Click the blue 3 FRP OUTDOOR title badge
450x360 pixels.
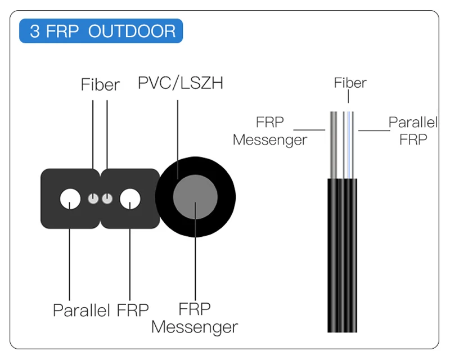(101, 31)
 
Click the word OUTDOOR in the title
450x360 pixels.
(132, 31)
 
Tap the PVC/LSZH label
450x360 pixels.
(181, 83)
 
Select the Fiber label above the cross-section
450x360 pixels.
(100, 85)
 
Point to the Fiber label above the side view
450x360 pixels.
(350, 83)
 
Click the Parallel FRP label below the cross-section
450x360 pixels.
(101, 310)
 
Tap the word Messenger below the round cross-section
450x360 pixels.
(195, 327)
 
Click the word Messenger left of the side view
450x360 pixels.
(270, 139)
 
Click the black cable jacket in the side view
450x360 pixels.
(342, 253)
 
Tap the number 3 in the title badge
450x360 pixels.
(35, 31)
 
